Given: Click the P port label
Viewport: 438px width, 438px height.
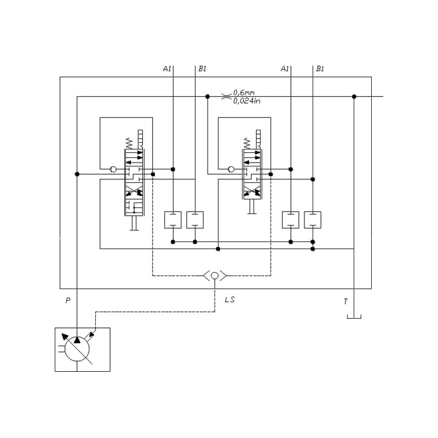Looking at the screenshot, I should coord(68,301).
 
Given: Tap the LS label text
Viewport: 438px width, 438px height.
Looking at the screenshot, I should coord(230,300).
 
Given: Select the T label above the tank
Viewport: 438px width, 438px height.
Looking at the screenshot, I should coord(345,301).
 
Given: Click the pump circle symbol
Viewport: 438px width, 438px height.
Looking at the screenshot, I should coord(77,349).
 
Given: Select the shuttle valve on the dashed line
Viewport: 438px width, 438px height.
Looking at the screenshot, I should coord(215,275).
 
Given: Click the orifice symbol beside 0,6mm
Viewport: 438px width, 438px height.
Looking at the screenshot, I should coord(226,97).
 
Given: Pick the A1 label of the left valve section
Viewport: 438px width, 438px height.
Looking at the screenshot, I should coord(168,69).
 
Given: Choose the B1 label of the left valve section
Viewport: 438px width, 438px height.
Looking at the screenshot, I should coord(203,69).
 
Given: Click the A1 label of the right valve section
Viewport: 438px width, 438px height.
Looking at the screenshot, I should coord(285,69).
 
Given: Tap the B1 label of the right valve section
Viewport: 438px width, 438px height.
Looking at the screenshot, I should coord(320,69).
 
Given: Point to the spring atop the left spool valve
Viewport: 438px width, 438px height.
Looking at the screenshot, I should coord(129,143).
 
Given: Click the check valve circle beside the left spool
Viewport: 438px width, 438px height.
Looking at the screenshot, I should coord(113,169).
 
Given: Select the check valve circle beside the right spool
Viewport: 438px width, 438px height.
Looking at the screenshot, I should coord(231,169).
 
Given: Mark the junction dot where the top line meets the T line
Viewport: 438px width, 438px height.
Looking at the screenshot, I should coord(354,97).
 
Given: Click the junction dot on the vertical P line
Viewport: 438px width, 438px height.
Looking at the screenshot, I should coord(77,174).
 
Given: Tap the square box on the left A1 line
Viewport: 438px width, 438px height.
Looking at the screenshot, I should coord(173,220).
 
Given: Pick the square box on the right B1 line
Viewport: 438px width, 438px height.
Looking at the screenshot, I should coord(313,220).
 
